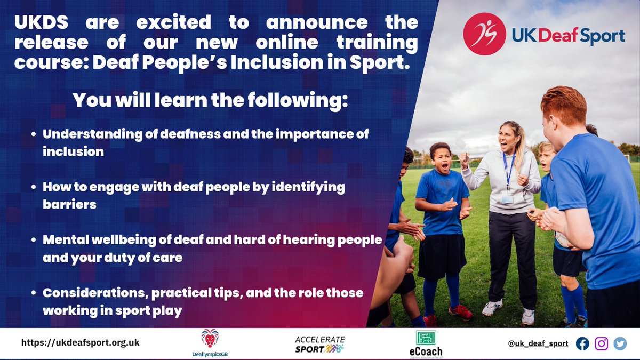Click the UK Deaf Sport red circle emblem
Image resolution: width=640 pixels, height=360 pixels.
[484, 34]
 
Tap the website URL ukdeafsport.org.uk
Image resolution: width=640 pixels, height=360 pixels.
[80, 343]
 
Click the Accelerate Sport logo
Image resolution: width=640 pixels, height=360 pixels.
[320, 344]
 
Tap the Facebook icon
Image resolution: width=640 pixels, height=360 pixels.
[582, 343]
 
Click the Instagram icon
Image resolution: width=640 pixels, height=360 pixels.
[601, 343]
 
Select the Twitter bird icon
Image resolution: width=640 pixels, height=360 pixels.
[620, 343]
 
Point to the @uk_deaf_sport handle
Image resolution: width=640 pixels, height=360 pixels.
[538, 343]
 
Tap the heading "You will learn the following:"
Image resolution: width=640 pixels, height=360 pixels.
[210, 100]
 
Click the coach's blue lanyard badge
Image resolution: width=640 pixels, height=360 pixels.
[507, 198]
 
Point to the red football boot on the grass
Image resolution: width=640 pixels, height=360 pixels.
[459, 312]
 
